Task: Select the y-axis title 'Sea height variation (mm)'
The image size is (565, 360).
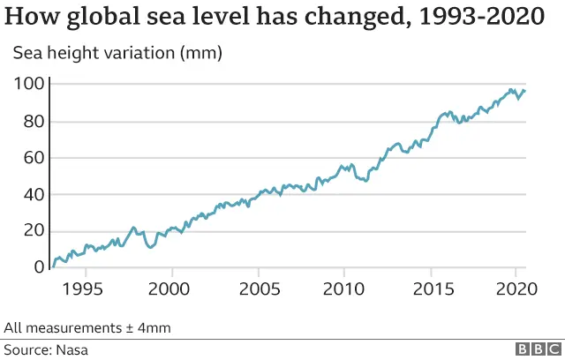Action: [117, 53]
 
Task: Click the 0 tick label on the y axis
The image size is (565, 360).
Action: [37, 267]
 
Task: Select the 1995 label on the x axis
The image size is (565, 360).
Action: [87, 289]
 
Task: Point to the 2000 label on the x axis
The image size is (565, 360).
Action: [172, 289]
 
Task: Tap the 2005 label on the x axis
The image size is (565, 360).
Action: [258, 289]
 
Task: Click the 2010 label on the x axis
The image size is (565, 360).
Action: [343, 289]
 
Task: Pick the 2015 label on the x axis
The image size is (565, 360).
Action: [430, 289]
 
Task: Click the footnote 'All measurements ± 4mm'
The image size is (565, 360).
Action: [87, 328]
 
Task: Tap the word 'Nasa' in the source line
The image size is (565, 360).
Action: [72, 349]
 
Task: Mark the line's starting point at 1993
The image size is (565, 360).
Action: [53, 266]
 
